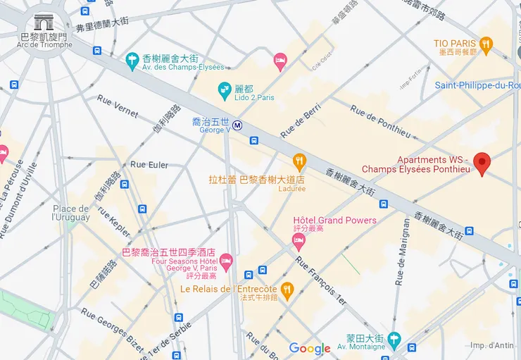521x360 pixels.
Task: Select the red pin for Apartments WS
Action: pos(482,163)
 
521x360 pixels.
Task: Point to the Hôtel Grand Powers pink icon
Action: pos(299,242)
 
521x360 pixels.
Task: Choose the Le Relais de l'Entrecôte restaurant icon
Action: pos(287,290)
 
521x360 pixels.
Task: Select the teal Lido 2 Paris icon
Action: pos(225,89)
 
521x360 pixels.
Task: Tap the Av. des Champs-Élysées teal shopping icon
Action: pos(132,62)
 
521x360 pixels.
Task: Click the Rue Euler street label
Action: pos(149,165)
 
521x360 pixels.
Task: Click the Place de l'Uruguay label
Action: pos(71,213)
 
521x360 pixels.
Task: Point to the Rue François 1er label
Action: pos(321,280)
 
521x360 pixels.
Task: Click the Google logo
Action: pos(310,349)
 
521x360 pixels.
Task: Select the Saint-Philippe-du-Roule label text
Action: pos(477,86)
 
